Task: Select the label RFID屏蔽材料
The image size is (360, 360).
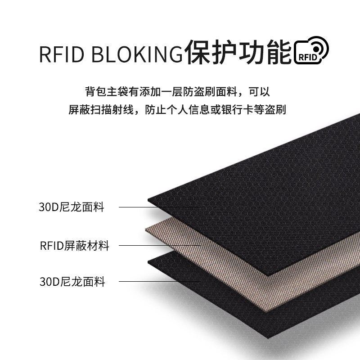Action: tap(74, 245)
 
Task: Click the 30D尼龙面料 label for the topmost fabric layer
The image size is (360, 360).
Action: tap(72, 207)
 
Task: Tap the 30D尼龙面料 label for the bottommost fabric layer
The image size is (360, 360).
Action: tap(72, 283)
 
